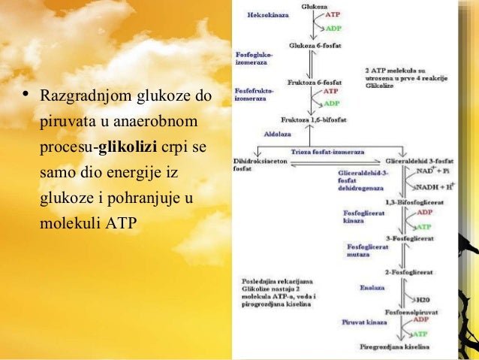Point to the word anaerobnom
(x=161, y=120)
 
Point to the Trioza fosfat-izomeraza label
(x=327, y=151)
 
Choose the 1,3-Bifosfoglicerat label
(x=411, y=203)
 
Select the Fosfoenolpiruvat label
(x=411, y=310)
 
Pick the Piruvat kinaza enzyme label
(x=365, y=321)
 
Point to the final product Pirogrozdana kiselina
(x=395, y=347)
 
